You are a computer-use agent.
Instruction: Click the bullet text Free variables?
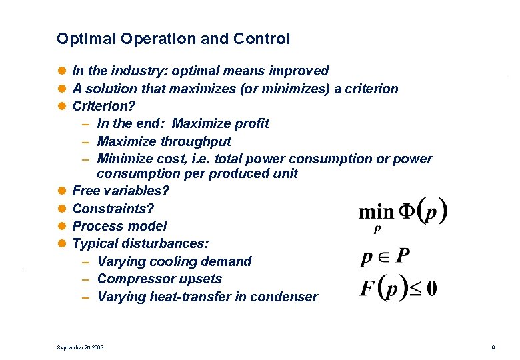(121, 191)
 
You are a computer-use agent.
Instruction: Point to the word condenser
(284, 297)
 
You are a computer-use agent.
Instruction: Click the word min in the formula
(376, 212)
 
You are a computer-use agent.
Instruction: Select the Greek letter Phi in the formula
(406, 212)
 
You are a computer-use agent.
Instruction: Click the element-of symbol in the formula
(383, 256)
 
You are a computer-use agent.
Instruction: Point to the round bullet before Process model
(62, 226)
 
